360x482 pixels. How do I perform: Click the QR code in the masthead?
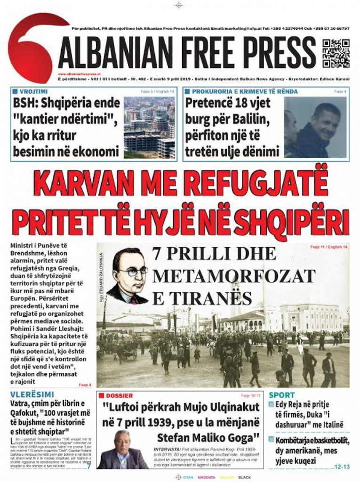[336, 54]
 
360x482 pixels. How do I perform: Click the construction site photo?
[149, 127]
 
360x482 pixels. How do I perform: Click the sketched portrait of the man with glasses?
[128, 276]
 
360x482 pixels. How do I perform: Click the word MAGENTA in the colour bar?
[207, 477]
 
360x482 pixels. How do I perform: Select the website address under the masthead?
[78, 74]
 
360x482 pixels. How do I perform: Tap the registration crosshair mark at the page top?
[178, 5]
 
